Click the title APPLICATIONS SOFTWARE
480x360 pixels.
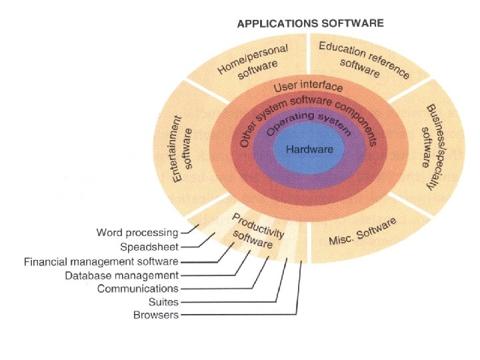[311, 23]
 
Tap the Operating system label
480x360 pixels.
[304, 125]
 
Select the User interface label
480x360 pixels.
[309, 87]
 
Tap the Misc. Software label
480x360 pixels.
[363, 233]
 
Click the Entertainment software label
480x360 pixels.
[182, 148]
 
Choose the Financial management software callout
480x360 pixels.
[101, 261]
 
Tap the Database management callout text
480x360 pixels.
[121, 275]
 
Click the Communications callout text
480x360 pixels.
[137, 289]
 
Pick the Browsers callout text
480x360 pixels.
[156, 315]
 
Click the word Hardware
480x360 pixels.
[309, 149]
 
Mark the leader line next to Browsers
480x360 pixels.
[240, 315]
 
